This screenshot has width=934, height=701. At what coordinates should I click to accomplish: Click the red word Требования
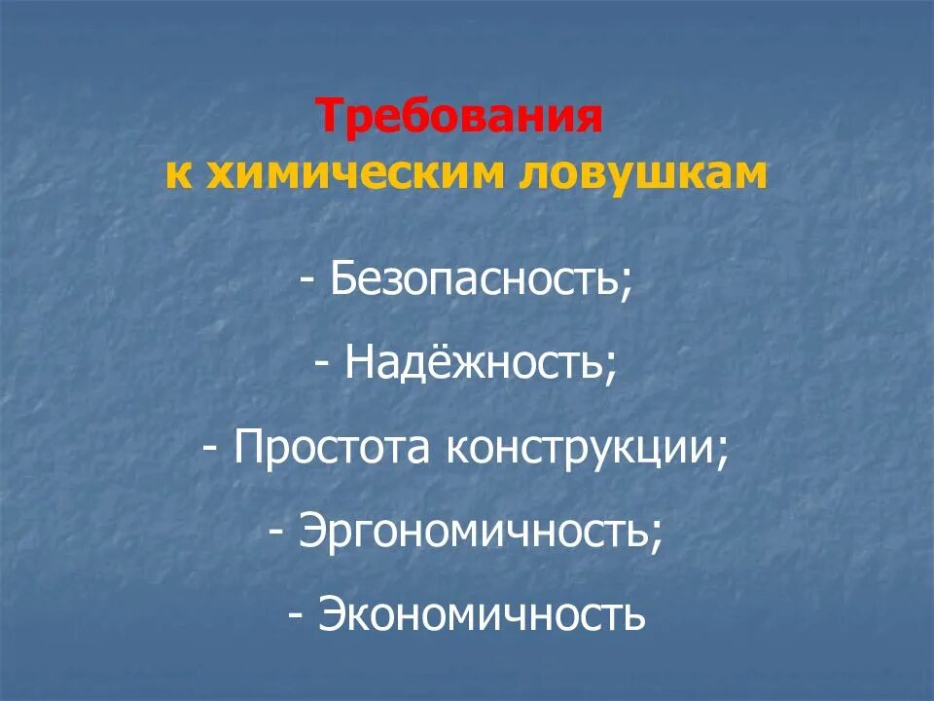point(459,119)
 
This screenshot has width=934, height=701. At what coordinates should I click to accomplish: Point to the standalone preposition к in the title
point(177,172)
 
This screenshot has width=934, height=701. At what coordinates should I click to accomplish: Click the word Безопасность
point(473,281)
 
